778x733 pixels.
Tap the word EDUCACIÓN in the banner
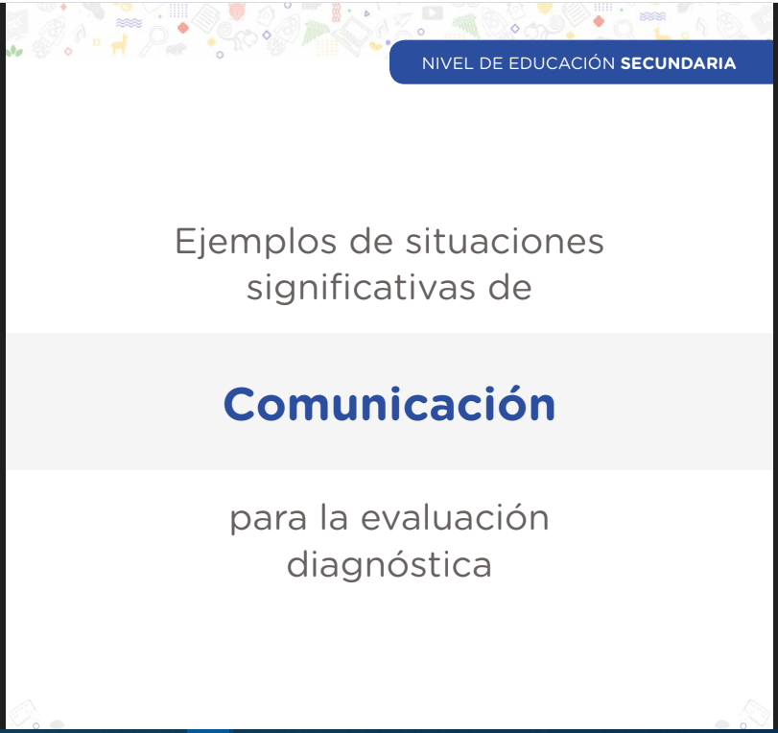(x=561, y=62)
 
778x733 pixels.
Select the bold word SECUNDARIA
(x=678, y=63)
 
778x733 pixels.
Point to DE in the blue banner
(x=491, y=63)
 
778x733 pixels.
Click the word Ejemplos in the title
(x=256, y=243)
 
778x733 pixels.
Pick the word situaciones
(x=505, y=241)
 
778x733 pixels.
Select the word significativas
(x=361, y=289)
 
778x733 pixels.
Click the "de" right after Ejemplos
(x=371, y=241)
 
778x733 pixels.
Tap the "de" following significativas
(x=509, y=287)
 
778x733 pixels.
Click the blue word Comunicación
(x=389, y=404)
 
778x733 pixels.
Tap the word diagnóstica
(x=389, y=564)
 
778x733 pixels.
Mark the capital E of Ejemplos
(x=186, y=241)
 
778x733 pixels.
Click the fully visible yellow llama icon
(x=119, y=45)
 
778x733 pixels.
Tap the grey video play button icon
(x=432, y=12)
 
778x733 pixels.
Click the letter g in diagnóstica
(x=367, y=569)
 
